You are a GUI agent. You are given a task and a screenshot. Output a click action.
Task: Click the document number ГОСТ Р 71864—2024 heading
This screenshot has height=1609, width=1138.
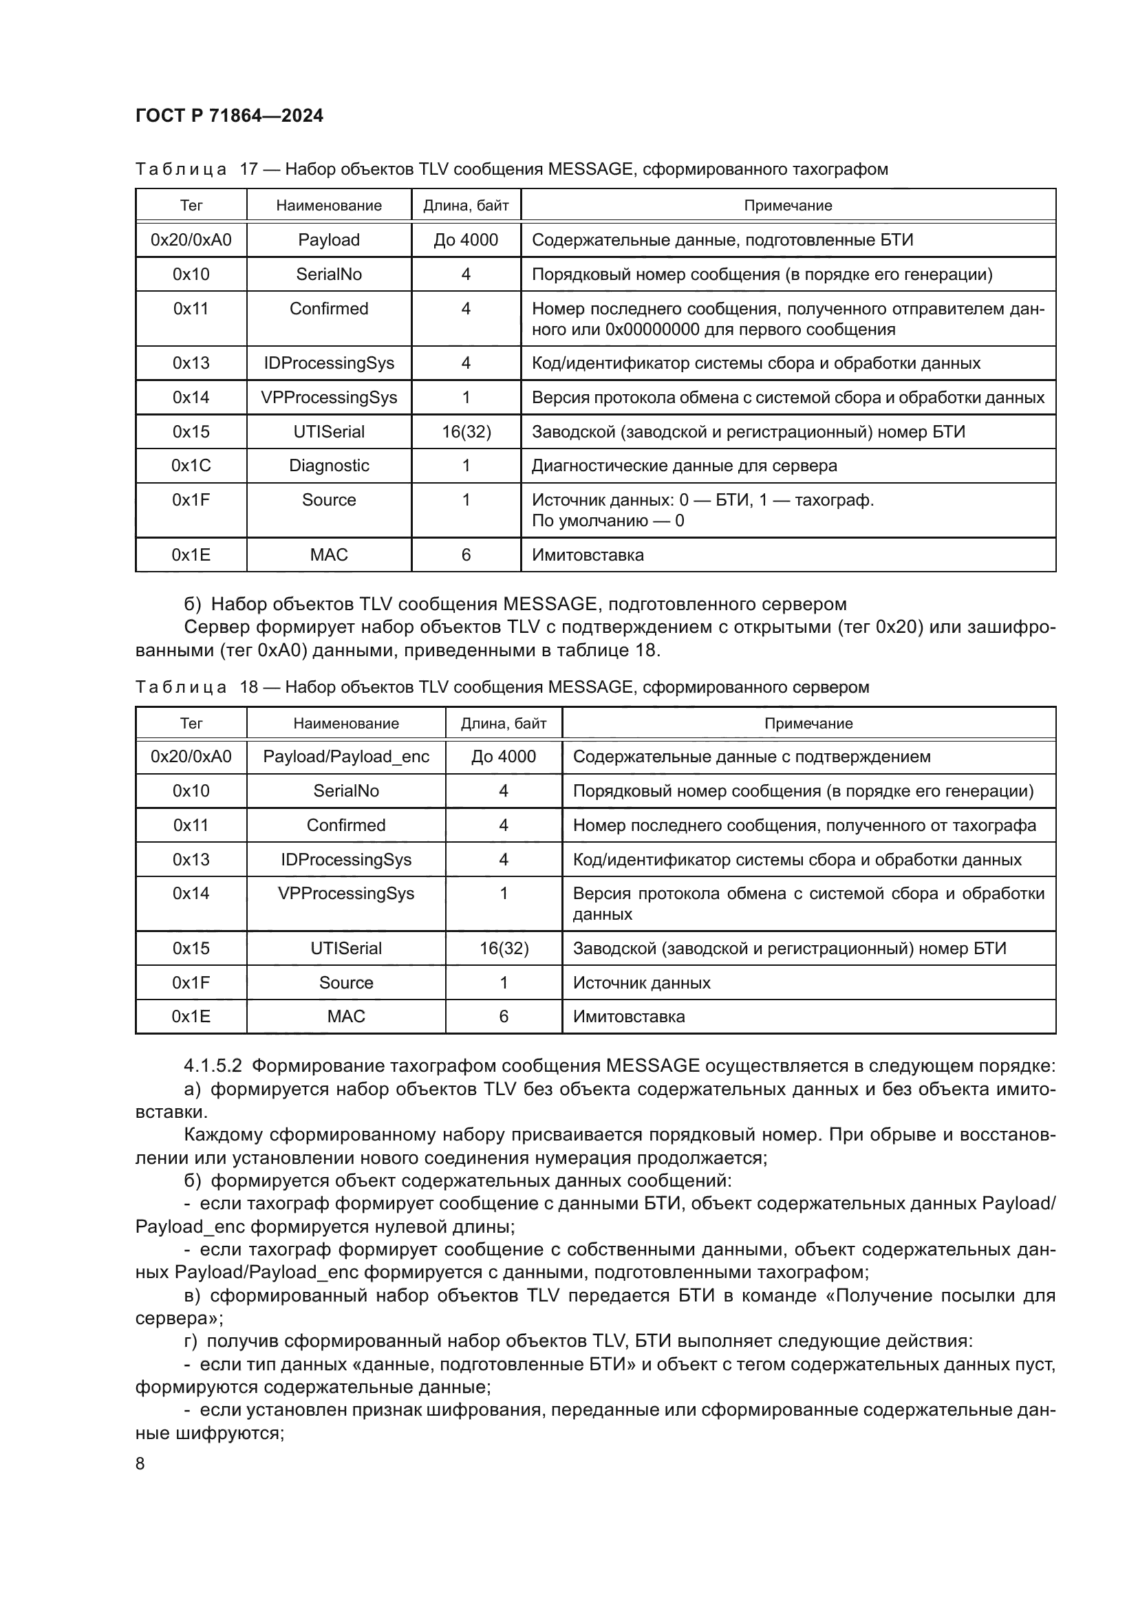pos(229,116)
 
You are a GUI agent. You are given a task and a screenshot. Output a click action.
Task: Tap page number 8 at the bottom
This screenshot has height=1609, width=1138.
pos(140,1464)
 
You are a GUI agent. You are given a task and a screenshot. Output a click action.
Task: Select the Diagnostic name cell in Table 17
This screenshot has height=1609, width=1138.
pos(329,466)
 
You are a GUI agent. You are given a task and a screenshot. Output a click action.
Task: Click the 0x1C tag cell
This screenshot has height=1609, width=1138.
pos(191,466)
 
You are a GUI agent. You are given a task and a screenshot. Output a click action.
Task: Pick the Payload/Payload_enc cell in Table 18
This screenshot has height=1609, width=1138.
pos(345,757)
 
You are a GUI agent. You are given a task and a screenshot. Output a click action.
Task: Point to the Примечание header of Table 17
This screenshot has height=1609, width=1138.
pos(788,205)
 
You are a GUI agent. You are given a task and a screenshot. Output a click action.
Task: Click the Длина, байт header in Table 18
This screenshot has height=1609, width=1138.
pos(503,723)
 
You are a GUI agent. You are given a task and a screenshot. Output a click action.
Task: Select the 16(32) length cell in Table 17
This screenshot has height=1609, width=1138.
pos(466,432)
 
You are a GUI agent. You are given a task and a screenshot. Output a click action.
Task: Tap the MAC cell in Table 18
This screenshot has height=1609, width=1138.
pos(345,1016)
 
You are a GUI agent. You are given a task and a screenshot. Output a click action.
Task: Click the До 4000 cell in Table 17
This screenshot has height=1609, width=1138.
pos(466,239)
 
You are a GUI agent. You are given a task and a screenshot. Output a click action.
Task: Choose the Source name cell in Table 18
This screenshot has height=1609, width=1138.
pos(345,982)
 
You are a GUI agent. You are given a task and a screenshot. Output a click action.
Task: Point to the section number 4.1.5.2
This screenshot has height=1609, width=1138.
pos(213,1066)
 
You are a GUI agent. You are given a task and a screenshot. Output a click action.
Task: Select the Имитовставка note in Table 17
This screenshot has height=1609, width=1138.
pos(587,555)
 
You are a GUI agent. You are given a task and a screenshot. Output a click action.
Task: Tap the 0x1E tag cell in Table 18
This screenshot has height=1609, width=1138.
pos(191,1016)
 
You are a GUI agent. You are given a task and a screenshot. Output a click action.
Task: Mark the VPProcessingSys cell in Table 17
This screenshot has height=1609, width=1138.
pos(329,398)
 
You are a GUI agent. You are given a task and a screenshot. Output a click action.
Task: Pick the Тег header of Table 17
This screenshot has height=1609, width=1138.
pos(191,205)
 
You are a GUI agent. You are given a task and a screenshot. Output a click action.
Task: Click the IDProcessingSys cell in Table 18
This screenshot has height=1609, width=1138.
pos(345,859)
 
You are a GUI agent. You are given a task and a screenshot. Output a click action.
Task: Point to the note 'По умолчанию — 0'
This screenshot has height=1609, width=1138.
pos(608,521)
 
